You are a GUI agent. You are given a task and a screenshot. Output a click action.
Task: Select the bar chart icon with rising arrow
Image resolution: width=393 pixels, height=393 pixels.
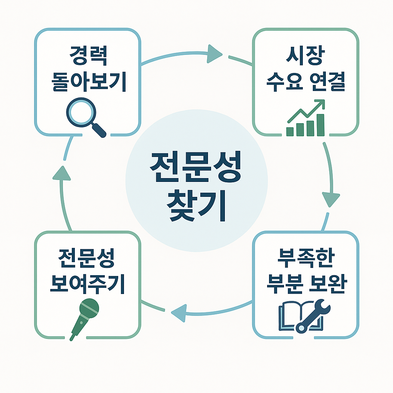[306, 119]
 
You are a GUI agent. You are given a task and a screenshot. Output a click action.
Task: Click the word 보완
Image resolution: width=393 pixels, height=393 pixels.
[327, 284]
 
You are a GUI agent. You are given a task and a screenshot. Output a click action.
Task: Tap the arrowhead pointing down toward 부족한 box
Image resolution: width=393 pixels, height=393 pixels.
[330, 199]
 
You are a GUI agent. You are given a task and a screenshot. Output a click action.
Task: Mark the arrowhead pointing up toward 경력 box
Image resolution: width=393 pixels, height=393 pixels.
[61, 174]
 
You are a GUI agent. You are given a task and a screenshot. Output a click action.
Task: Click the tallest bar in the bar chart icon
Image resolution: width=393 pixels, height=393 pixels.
[320, 125]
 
